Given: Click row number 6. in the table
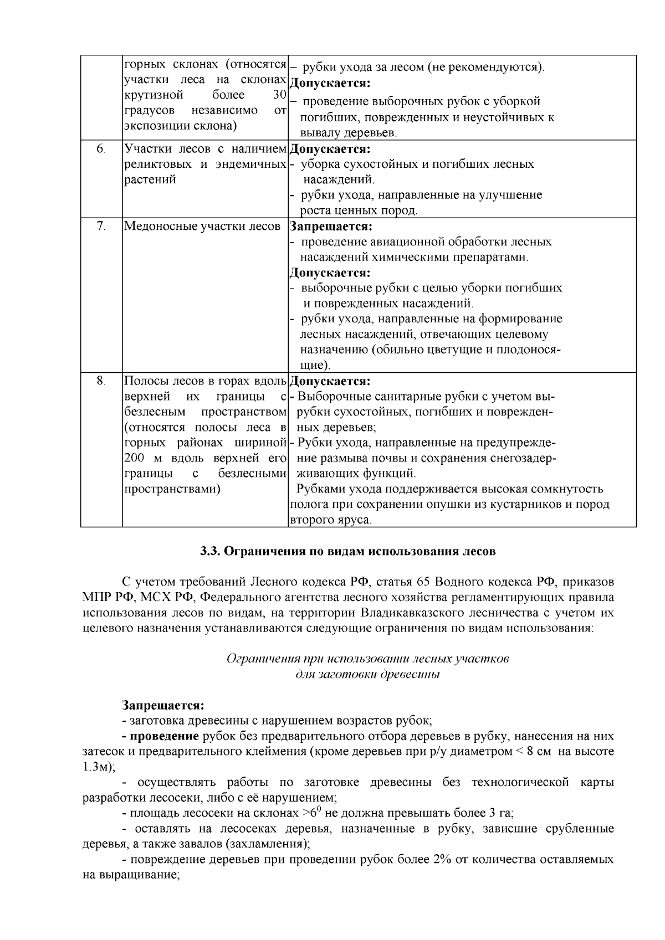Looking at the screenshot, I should [101, 149].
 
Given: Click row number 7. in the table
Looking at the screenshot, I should [101, 227].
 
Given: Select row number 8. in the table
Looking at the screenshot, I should [101, 381].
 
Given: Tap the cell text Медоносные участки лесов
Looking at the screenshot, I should [202, 227].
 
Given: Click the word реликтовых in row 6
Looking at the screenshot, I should [152, 165].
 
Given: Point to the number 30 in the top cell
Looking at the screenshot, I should [279, 95].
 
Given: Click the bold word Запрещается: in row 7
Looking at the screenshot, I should [331, 227].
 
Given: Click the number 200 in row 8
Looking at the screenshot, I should [134, 459].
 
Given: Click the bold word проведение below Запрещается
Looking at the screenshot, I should [163, 737].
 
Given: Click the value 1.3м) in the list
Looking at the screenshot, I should [95, 767].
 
